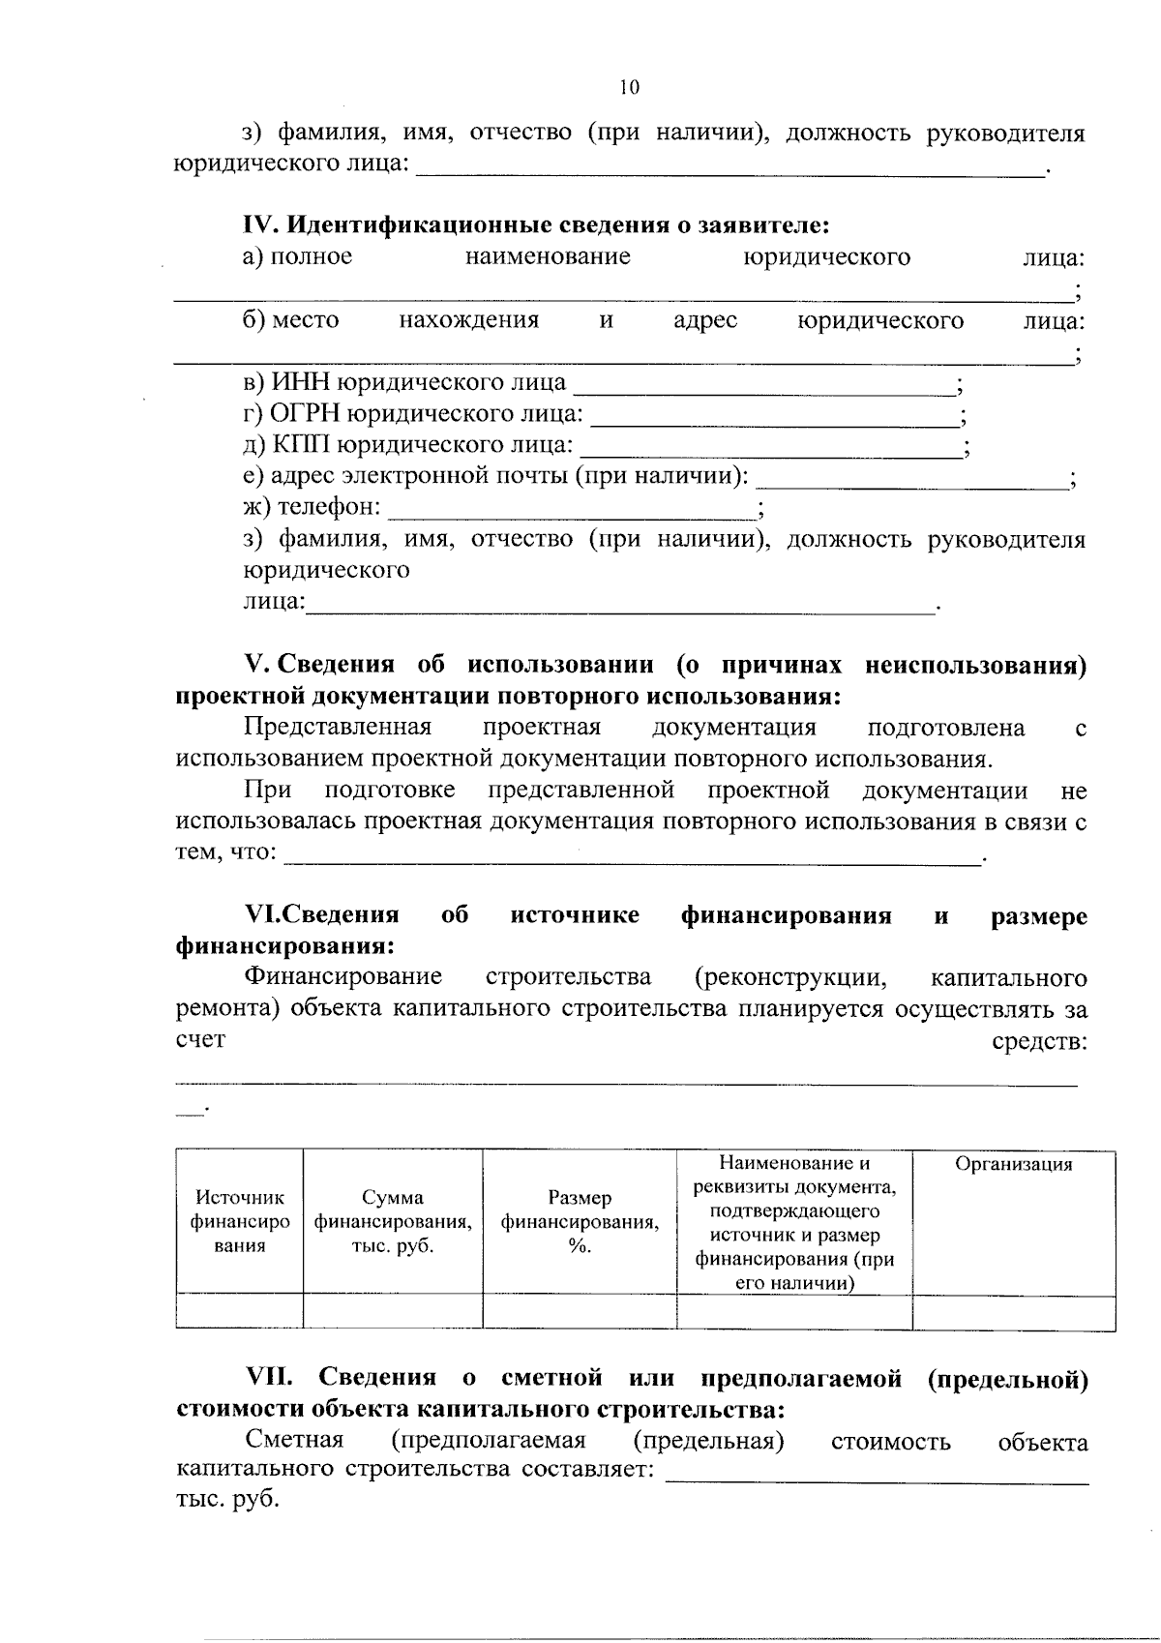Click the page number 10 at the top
pos(629,88)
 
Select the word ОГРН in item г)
pos(303,414)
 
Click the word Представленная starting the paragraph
pos(338,727)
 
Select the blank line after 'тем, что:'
pos(634,856)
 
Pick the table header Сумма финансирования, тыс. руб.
pos(393,1221)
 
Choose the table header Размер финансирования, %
pos(580,1221)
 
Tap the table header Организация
pos(1013,1165)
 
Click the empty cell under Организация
pos(1013,1312)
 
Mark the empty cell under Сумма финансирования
pos(393,1312)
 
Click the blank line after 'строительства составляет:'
pos(878,1475)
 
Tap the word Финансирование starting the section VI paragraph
pos(343,977)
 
